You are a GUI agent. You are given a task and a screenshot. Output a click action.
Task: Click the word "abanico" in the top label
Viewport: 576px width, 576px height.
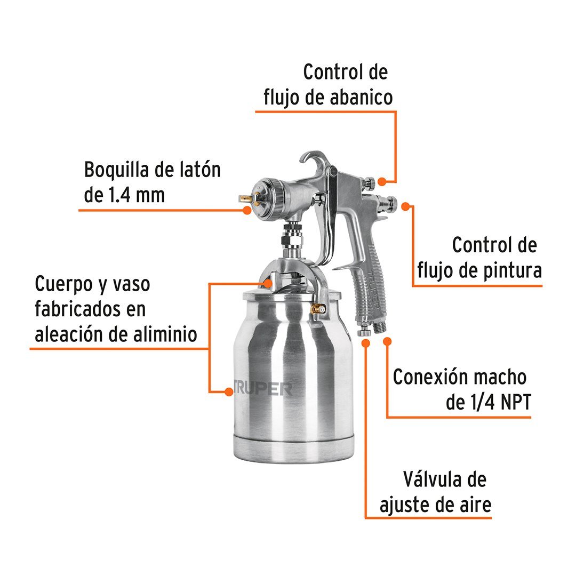tap(361, 98)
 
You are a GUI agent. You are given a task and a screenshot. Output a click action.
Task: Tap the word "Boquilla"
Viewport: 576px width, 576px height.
tap(116, 170)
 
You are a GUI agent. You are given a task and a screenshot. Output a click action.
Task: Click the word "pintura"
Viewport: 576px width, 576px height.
tap(512, 271)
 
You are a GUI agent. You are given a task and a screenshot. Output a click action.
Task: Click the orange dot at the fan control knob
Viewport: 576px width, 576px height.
tap(382, 181)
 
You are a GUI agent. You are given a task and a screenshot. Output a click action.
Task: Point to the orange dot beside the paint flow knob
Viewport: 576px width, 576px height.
tap(405, 206)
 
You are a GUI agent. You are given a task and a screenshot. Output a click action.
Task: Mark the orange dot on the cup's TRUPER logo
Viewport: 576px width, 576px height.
tap(229, 392)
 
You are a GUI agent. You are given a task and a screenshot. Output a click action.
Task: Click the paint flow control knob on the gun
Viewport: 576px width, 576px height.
tap(388, 204)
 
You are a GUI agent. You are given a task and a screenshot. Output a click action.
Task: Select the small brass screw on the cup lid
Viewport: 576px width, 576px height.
tap(318, 309)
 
